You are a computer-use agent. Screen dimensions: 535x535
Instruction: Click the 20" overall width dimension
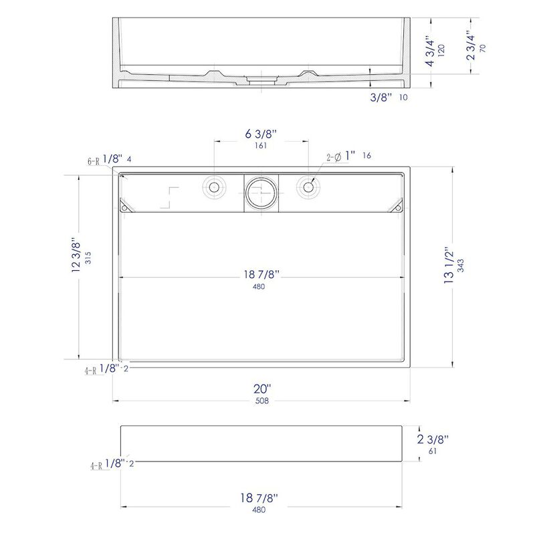pyautogui.click(x=262, y=389)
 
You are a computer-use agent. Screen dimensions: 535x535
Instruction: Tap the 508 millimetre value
pyautogui.click(x=262, y=401)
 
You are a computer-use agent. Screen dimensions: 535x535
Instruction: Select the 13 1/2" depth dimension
pyautogui.click(x=449, y=266)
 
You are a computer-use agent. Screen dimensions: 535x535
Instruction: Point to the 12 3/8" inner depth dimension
pyautogui.click(x=76, y=255)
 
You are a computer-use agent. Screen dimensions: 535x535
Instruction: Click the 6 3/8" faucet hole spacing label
pyautogui.click(x=261, y=134)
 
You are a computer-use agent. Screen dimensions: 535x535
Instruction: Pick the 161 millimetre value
pyautogui.click(x=261, y=146)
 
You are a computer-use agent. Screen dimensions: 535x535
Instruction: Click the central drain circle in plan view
pyautogui.click(x=261, y=193)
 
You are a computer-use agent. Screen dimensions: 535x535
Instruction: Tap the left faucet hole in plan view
pyautogui.click(x=214, y=187)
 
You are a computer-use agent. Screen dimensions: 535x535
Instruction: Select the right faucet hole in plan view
pyautogui.click(x=308, y=187)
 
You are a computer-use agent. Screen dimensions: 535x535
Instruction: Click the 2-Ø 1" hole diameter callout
pyautogui.click(x=341, y=156)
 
